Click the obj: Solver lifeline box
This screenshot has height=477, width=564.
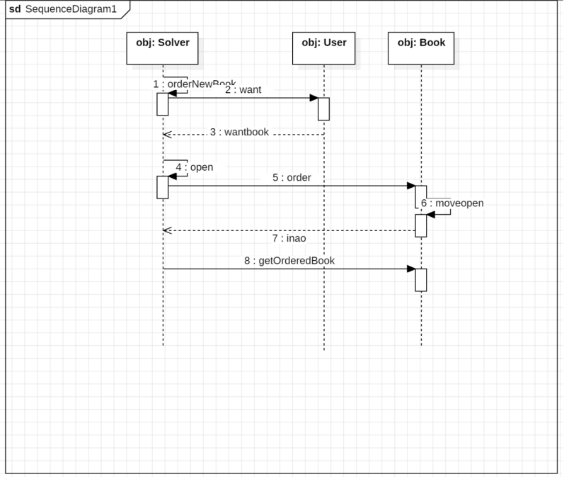click(x=163, y=48)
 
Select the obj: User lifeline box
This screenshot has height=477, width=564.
click(x=323, y=48)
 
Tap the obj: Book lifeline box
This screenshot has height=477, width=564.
click(x=421, y=48)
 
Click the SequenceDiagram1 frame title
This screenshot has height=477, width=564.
click(x=63, y=9)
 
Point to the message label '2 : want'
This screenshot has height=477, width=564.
click(x=243, y=90)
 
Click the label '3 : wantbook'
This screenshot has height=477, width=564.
click(x=239, y=132)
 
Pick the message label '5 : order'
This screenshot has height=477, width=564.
click(x=292, y=177)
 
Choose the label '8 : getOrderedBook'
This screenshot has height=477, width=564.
click(x=289, y=260)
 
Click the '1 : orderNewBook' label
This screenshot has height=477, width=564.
click(x=195, y=84)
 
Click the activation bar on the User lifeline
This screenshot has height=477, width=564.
click(x=323, y=108)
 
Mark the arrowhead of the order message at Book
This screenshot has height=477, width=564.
click(x=411, y=186)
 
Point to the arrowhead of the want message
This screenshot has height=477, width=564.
click(x=313, y=98)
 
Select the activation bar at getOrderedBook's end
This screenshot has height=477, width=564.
click(x=421, y=279)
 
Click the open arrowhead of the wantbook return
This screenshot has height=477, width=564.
click(x=166, y=135)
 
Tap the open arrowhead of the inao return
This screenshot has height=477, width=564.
click(x=166, y=230)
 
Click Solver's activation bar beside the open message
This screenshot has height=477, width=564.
click(x=163, y=187)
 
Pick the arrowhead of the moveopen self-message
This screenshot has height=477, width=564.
click(x=431, y=214)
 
